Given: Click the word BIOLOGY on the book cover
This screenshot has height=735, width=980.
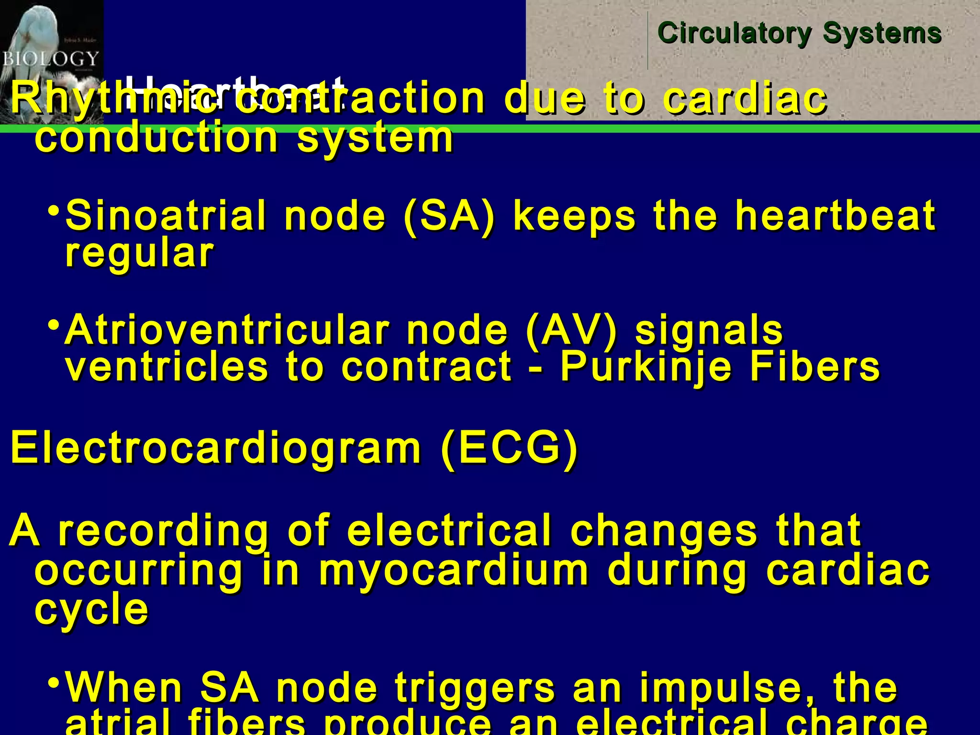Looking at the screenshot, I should click(x=51, y=59).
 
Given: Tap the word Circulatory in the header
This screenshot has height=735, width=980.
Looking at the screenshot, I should click(x=735, y=33).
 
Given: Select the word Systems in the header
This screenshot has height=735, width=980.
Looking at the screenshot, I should click(x=882, y=33).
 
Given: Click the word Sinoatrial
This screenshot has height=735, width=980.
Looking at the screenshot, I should click(x=166, y=216).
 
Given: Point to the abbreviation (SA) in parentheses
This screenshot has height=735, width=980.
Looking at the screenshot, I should click(x=449, y=216).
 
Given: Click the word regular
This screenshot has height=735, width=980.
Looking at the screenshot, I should click(x=139, y=254).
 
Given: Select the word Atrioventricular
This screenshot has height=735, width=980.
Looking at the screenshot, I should click(x=227, y=330).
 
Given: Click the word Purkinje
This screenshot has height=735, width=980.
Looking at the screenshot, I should click(x=646, y=367).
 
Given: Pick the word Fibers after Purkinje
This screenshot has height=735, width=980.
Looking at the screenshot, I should click(x=814, y=367).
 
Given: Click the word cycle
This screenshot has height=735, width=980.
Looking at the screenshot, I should click(x=91, y=610).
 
